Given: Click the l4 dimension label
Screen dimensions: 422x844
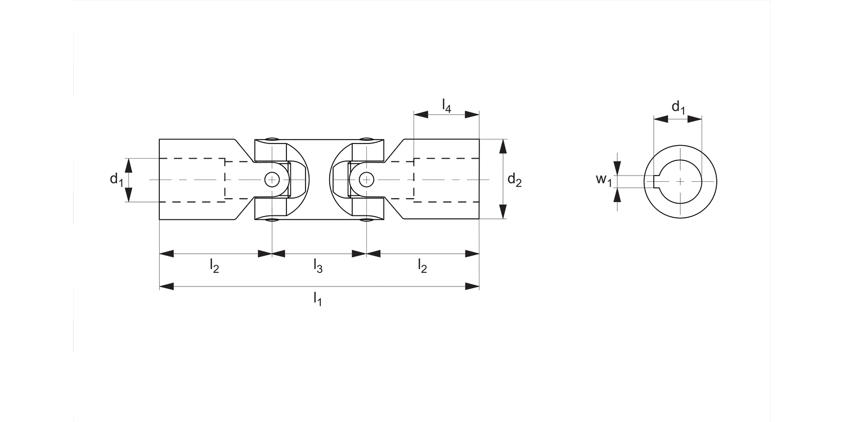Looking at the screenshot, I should pos(446,105).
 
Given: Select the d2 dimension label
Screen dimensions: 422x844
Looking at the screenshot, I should pos(514,180).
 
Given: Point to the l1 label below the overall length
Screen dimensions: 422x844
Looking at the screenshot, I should pos(318,300).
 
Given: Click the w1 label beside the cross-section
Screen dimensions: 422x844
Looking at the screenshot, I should pos(604,180).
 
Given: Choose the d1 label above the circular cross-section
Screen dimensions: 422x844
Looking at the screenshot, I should pos(679,107).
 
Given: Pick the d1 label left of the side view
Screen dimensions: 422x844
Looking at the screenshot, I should pos(116,180).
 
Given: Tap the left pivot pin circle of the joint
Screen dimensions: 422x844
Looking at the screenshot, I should pos(272,179).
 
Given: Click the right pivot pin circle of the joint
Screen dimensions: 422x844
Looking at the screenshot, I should pos(366,179).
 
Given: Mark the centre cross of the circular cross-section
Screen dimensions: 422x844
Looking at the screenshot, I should pos(680,181).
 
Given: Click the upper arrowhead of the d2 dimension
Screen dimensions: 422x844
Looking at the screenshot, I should pos(503,146).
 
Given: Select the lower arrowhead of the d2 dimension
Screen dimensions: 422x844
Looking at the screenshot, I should pos(503,212).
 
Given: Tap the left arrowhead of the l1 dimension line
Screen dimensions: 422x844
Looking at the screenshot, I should pos(167,287).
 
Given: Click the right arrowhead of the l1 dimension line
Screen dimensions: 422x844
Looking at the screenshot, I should pos(473,287).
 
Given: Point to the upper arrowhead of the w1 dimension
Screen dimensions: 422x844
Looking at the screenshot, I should pos(618,168).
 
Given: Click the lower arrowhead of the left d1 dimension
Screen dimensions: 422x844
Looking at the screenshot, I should pos(128,195).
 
